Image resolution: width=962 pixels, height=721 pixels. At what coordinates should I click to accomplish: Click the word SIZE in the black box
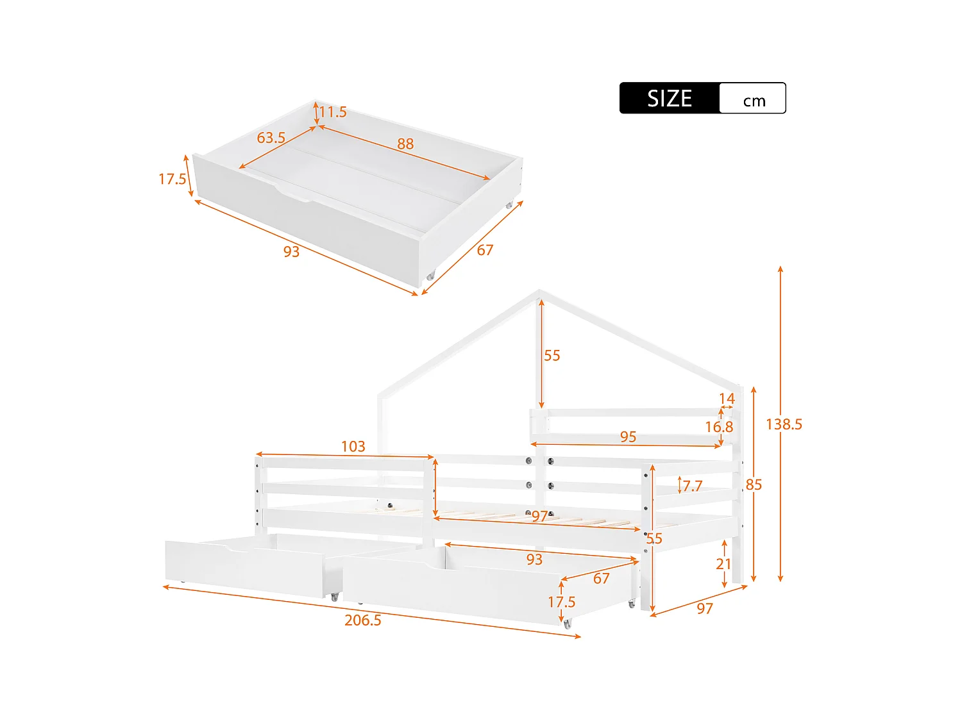tap(669, 98)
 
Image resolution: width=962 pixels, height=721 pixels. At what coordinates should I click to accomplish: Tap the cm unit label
tap(754, 101)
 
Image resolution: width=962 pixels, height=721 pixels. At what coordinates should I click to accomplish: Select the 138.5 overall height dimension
tap(784, 424)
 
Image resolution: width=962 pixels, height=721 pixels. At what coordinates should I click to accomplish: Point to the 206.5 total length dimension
tap(362, 620)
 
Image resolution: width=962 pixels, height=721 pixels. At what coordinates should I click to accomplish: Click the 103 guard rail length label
tap(353, 446)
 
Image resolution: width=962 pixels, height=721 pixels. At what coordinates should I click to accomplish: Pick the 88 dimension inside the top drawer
tap(405, 144)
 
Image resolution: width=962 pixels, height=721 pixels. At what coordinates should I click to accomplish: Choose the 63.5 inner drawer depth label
tap(271, 138)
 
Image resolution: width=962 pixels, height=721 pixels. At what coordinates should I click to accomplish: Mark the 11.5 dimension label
tap(333, 112)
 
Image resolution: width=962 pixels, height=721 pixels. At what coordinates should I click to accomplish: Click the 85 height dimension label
tap(754, 485)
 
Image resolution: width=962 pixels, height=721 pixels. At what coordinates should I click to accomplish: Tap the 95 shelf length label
tap(628, 436)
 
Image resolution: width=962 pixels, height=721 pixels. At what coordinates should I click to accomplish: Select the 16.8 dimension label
tap(718, 427)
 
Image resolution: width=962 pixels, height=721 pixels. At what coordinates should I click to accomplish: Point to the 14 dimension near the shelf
tap(727, 399)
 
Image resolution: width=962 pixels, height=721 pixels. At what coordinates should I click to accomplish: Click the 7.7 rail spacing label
tap(692, 486)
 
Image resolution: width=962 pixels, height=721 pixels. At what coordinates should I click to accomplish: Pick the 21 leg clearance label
tap(723, 564)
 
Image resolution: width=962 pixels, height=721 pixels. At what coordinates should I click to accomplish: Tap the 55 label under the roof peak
tap(552, 356)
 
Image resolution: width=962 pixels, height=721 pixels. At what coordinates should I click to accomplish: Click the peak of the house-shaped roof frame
tap(539, 292)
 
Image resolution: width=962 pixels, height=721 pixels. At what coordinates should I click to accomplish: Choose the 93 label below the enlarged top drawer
tap(291, 251)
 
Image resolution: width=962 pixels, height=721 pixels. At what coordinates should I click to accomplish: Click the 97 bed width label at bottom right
tap(705, 609)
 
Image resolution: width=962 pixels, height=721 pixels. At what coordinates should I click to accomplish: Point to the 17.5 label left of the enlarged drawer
tap(172, 179)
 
